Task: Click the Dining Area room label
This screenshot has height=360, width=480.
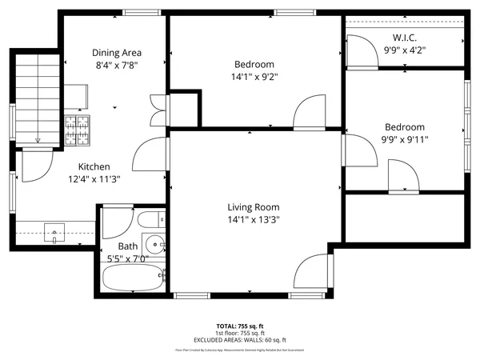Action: click(x=116, y=52)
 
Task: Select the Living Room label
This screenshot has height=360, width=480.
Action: click(x=254, y=206)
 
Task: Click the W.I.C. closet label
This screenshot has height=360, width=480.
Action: click(x=405, y=38)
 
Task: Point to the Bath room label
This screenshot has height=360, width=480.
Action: click(x=128, y=246)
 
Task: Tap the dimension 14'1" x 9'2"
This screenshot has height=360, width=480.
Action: click(x=254, y=78)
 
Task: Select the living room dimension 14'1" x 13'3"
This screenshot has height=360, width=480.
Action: click(x=254, y=218)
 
